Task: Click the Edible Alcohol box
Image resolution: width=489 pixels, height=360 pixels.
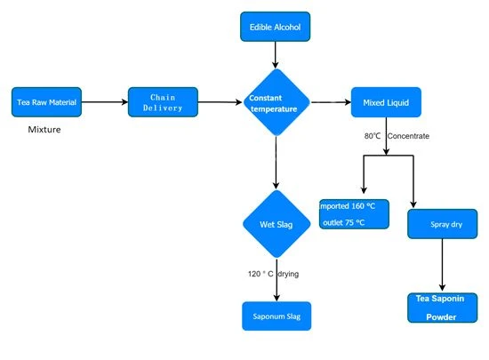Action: tap(275, 27)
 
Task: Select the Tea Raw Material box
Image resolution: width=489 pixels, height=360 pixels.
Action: tap(46, 102)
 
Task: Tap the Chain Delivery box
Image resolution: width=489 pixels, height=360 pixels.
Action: tap(163, 102)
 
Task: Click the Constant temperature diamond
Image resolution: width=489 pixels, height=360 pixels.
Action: tap(276, 102)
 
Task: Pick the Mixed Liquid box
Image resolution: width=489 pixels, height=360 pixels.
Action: tap(386, 102)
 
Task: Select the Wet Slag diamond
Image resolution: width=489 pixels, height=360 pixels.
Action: tap(277, 224)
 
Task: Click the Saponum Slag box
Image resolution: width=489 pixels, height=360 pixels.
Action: tap(277, 316)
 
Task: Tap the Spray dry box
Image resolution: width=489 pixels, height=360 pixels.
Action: tap(442, 224)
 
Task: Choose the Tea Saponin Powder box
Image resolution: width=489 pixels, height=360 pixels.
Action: tap(442, 308)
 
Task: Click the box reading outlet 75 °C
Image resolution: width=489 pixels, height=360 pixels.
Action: tap(354, 214)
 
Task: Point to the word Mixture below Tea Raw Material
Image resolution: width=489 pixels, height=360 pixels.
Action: tap(44, 130)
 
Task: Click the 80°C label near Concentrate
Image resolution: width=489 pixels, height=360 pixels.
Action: tap(373, 136)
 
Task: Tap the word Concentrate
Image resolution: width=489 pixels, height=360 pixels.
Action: tap(408, 136)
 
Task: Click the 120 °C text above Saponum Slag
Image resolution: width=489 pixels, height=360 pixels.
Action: tap(261, 274)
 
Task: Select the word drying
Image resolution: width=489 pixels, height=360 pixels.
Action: tap(288, 274)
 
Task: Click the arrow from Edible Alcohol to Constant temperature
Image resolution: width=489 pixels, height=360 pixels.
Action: tap(275, 55)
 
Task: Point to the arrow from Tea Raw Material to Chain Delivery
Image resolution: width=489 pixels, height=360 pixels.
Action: tap(105, 102)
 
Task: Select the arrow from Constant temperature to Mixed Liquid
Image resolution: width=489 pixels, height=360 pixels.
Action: tap(331, 102)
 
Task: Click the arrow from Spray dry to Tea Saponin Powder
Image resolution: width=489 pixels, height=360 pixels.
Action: tap(442, 265)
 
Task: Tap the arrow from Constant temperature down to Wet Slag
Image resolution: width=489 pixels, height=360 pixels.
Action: tap(276, 163)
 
